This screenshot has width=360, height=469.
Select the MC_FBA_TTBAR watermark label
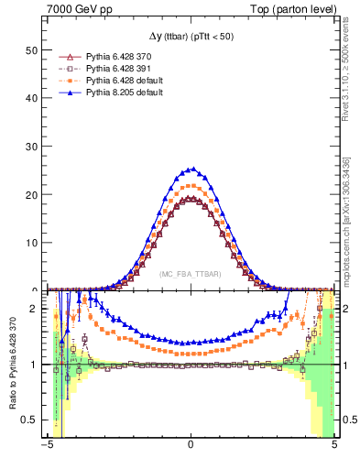coord(191,274)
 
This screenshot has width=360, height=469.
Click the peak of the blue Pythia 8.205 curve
coord(191,169)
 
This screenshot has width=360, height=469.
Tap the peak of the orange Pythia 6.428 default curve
coord(191,186)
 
